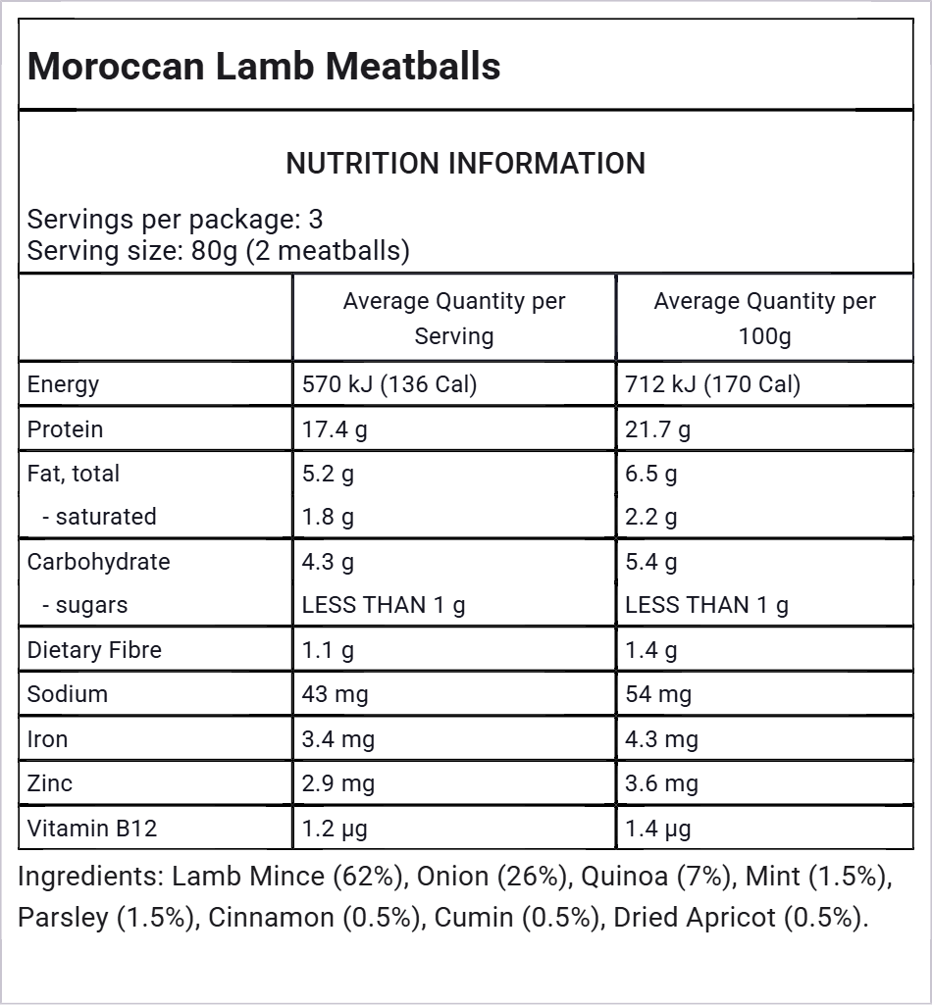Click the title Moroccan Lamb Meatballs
(x=264, y=66)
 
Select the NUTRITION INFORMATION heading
(x=465, y=163)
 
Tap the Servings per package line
(x=175, y=220)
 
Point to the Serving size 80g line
(x=218, y=251)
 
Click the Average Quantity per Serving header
(x=454, y=319)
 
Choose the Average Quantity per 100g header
(x=764, y=319)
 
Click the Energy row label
(x=63, y=384)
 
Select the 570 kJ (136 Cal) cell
(x=389, y=384)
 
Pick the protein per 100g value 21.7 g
(x=658, y=429)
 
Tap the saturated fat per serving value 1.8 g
(x=328, y=517)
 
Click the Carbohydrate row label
(x=99, y=562)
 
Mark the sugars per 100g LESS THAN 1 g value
(x=706, y=605)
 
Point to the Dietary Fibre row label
(x=94, y=650)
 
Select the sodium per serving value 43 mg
(x=336, y=694)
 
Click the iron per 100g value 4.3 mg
(x=662, y=739)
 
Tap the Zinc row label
(x=49, y=783)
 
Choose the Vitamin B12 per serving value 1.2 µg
(x=335, y=829)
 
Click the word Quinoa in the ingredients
(x=625, y=877)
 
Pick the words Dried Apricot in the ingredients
(x=695, y=918)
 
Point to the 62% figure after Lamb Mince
(x=371, y=877)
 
